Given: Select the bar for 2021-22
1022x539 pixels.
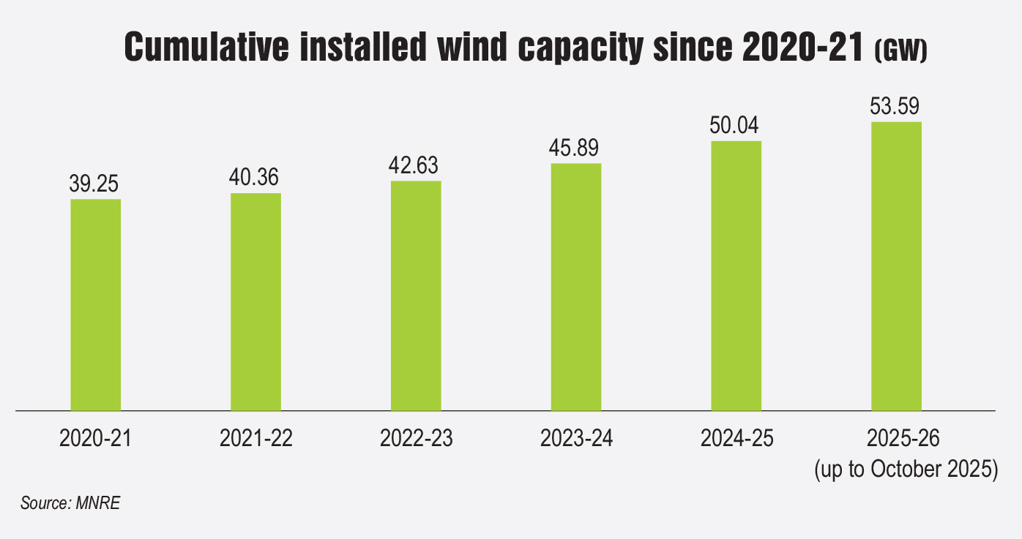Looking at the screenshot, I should (x=255, y=301).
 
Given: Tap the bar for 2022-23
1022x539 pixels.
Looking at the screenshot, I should (x=416, y=295).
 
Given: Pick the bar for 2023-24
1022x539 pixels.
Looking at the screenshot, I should (x=576, y=287).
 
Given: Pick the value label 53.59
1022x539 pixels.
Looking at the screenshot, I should (x=896, y=108).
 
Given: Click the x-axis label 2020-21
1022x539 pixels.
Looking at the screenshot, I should (x=95, y=439).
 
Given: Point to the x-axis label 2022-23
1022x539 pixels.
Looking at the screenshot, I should (x=416, y=439).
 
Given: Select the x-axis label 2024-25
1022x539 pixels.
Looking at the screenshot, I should (x=736, y=439).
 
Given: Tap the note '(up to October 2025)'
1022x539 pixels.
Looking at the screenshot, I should (x=906, y=469).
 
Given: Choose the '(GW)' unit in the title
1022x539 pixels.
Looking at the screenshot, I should (x=901, y=52).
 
